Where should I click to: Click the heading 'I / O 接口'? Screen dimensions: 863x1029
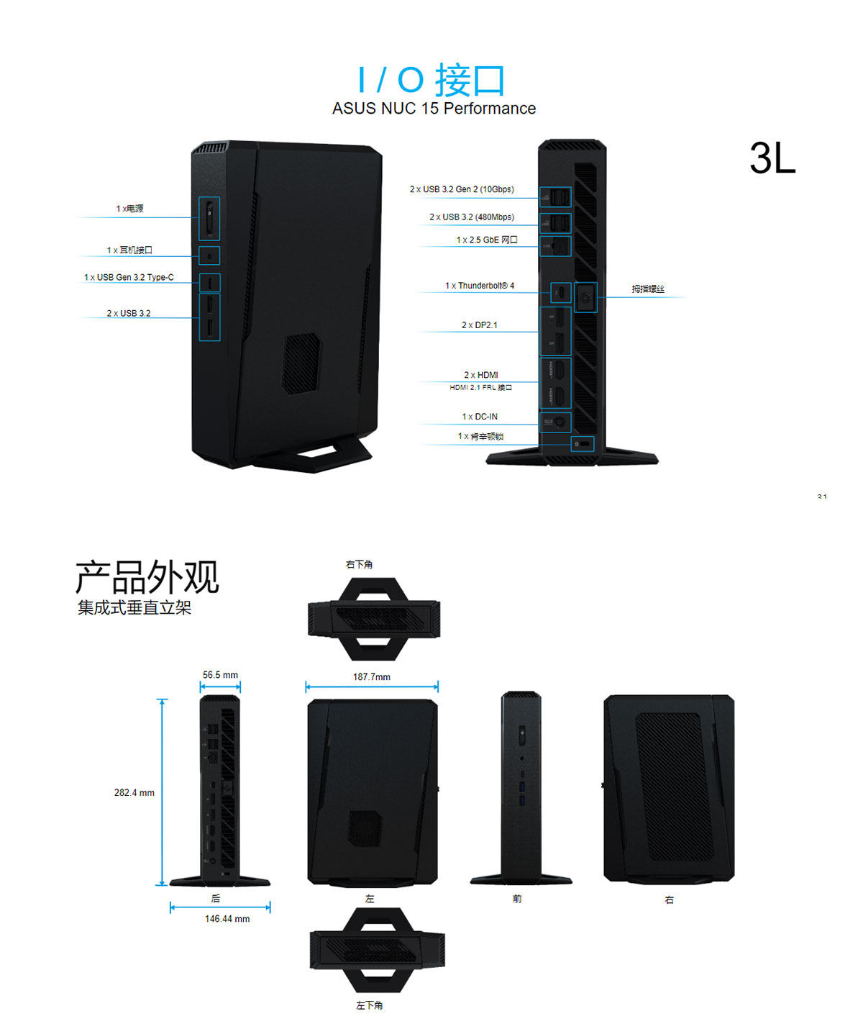[432, 80]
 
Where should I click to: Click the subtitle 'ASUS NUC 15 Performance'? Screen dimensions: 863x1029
[434, 109]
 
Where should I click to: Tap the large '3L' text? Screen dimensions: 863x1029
[772, 158]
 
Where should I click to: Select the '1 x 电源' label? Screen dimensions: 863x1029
[130, 209]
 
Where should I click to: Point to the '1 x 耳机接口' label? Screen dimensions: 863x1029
[130, 250]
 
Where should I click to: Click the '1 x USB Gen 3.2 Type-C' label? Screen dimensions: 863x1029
[129, 277]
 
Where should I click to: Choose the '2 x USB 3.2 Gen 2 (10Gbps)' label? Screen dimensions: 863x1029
[462, 189]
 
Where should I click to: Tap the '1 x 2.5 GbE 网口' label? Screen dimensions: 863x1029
[487, 240]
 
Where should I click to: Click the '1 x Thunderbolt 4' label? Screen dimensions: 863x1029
[480, 286]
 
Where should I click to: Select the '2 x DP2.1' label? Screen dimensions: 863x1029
[480, 325]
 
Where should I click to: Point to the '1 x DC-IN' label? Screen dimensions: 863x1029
[480, 417]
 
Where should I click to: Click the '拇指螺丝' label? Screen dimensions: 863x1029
[648, 289]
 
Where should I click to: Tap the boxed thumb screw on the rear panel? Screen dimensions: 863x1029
[586, 296]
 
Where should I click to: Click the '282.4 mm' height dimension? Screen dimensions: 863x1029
[134, 793]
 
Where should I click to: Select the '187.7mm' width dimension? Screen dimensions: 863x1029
[372, 677]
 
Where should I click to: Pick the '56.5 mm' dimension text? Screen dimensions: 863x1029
[220, 675]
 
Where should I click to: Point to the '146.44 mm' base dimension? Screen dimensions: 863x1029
[227, 919]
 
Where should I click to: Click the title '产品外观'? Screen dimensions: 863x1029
[147, 577]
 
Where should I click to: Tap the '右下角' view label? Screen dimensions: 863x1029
[359, 565]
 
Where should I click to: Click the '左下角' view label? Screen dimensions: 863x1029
[369, 1005]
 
